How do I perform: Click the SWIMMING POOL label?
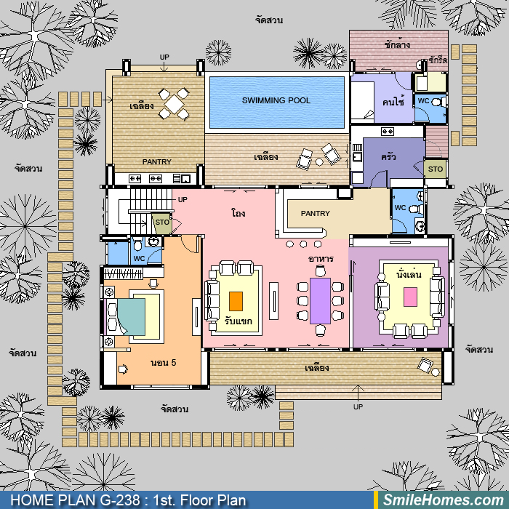[x=276, y=100]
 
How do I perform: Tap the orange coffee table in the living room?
[x=236, y=301]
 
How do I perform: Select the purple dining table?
[x=320, y=300]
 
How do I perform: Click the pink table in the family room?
[x=410, y=297]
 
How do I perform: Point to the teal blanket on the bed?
[x=131, y=317]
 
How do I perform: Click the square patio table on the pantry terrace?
[x=174, y=104]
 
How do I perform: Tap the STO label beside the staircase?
[x=162, y=222]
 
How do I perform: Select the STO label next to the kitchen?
[x=436, y=169]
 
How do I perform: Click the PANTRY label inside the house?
[x=315, y=213]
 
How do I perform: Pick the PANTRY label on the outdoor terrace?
[x=157, y=161]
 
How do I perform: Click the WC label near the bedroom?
[x=140, y=259]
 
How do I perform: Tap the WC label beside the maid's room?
[x=423, y=100]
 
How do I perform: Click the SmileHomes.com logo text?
[x=444, y=500]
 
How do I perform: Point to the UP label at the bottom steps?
[x=358, y=406]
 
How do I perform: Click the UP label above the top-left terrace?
[x=164, y=57]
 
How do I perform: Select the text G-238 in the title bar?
[x=120, y=500]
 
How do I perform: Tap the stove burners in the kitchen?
[x=387, y=132]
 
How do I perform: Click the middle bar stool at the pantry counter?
[x=303, y=244]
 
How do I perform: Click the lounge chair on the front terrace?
[x=425, y=365]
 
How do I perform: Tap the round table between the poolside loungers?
[x=319, y=161]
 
